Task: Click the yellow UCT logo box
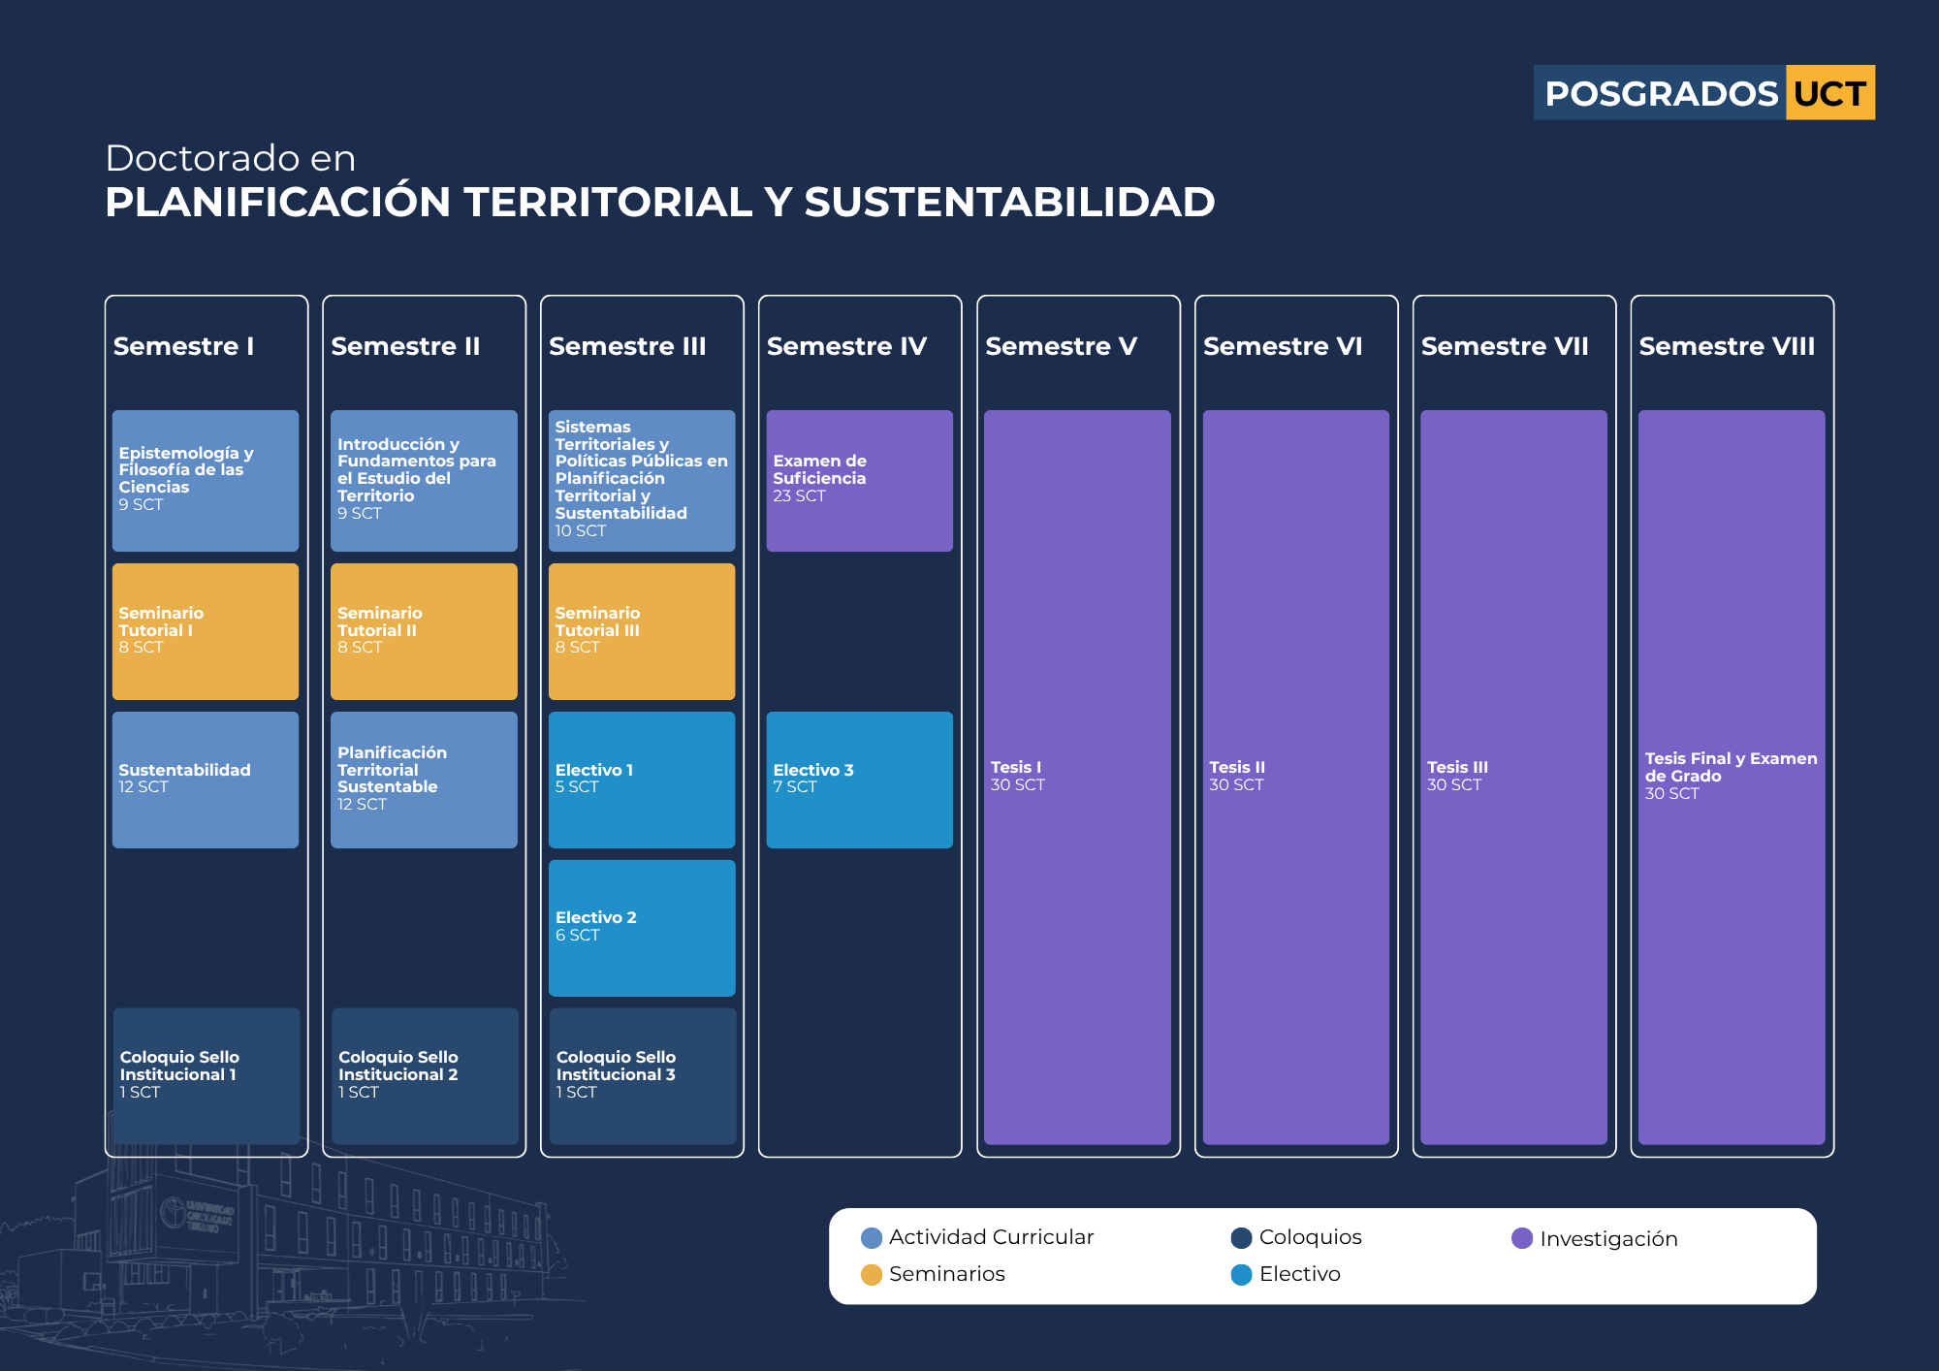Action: [x=1829, y=93]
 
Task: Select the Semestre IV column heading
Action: [x=846, y=346]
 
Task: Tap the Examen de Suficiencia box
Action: [x=859, y=481]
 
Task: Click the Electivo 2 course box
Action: [x=642, y=928]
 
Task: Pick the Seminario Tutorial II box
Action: [x=424, y=631]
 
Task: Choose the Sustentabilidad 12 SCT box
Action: [x=206, y=780]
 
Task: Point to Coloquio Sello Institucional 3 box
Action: [x=643, y=1076]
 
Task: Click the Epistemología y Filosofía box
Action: [x=206, y=481]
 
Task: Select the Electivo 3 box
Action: [x=859, y=780]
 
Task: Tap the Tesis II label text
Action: [x=1237, y=767]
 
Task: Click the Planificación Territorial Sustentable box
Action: [x=424, y=780]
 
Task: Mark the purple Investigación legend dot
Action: [x=1522, y=1238]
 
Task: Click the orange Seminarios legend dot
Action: [x=872, y=1274]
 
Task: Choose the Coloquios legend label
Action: [x=1310, y=1237]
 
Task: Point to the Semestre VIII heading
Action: [x=1727, y=346]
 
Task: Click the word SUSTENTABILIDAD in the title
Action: [x=1009, y=202]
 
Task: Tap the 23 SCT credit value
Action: [x=799, y=495]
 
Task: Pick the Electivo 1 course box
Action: [x=642, y=780]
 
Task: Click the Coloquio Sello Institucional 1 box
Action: [x=207, y=1076]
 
